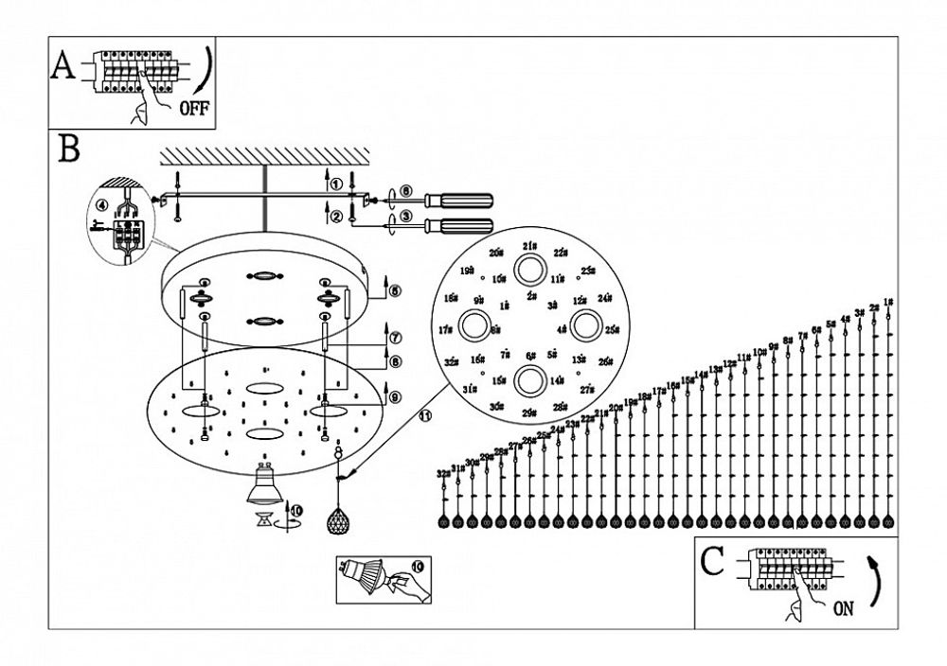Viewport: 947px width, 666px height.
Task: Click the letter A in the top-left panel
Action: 63,68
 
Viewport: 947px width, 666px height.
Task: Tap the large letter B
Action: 68,149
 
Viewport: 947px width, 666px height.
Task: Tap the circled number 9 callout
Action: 395,396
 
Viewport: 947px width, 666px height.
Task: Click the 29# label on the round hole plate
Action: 529,412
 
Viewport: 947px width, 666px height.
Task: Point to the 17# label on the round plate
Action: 446,329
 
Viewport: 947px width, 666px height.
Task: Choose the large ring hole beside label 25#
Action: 586,327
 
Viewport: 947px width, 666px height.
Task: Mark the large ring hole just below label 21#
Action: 529,272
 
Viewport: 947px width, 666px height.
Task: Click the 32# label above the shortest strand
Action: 442,473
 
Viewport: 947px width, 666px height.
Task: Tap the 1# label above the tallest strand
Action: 887,303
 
